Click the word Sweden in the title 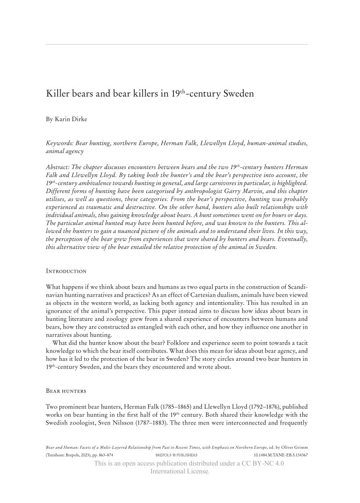(239, 94)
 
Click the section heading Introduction (66, 271)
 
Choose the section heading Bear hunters (66, 391)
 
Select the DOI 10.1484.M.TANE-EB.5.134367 (280, 455)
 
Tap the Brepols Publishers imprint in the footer (176, 455)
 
